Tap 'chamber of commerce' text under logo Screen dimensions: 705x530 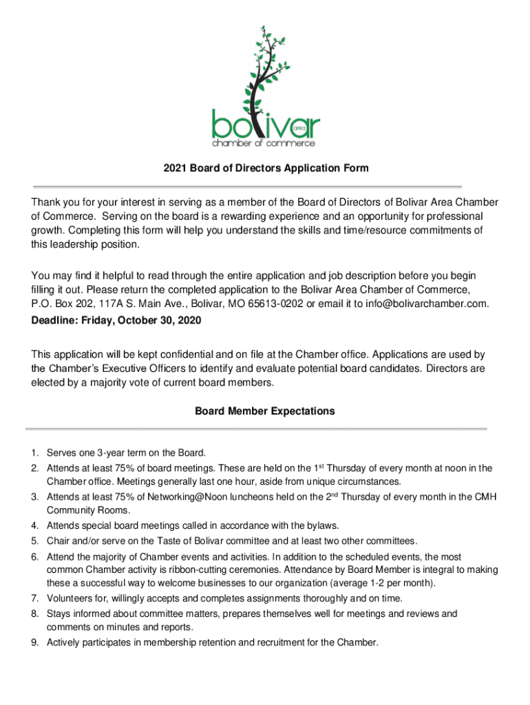pos(264,144)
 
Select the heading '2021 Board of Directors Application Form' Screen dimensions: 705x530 pos(266,168)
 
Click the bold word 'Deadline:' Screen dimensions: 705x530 pos(54,321)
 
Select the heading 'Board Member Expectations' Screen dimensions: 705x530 pos(265,411)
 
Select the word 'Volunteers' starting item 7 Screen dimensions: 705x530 pos(69,598)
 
